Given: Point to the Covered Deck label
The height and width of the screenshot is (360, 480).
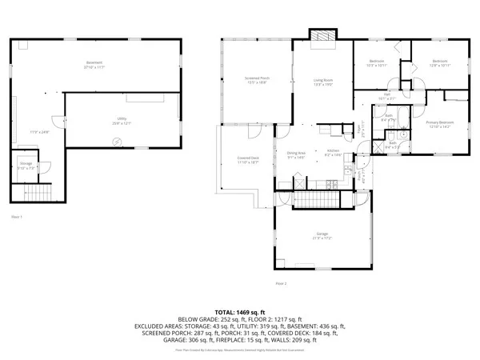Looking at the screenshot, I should point(248,158).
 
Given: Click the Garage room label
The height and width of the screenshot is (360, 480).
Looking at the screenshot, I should point(322,236).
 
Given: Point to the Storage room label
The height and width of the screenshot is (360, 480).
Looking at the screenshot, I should point(26,166).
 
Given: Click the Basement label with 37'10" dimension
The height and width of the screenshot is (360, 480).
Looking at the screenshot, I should point(96,65).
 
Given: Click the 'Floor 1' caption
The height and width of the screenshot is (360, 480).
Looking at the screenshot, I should point(16,217).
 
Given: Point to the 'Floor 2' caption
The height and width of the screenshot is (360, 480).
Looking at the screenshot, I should point(281,284).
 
